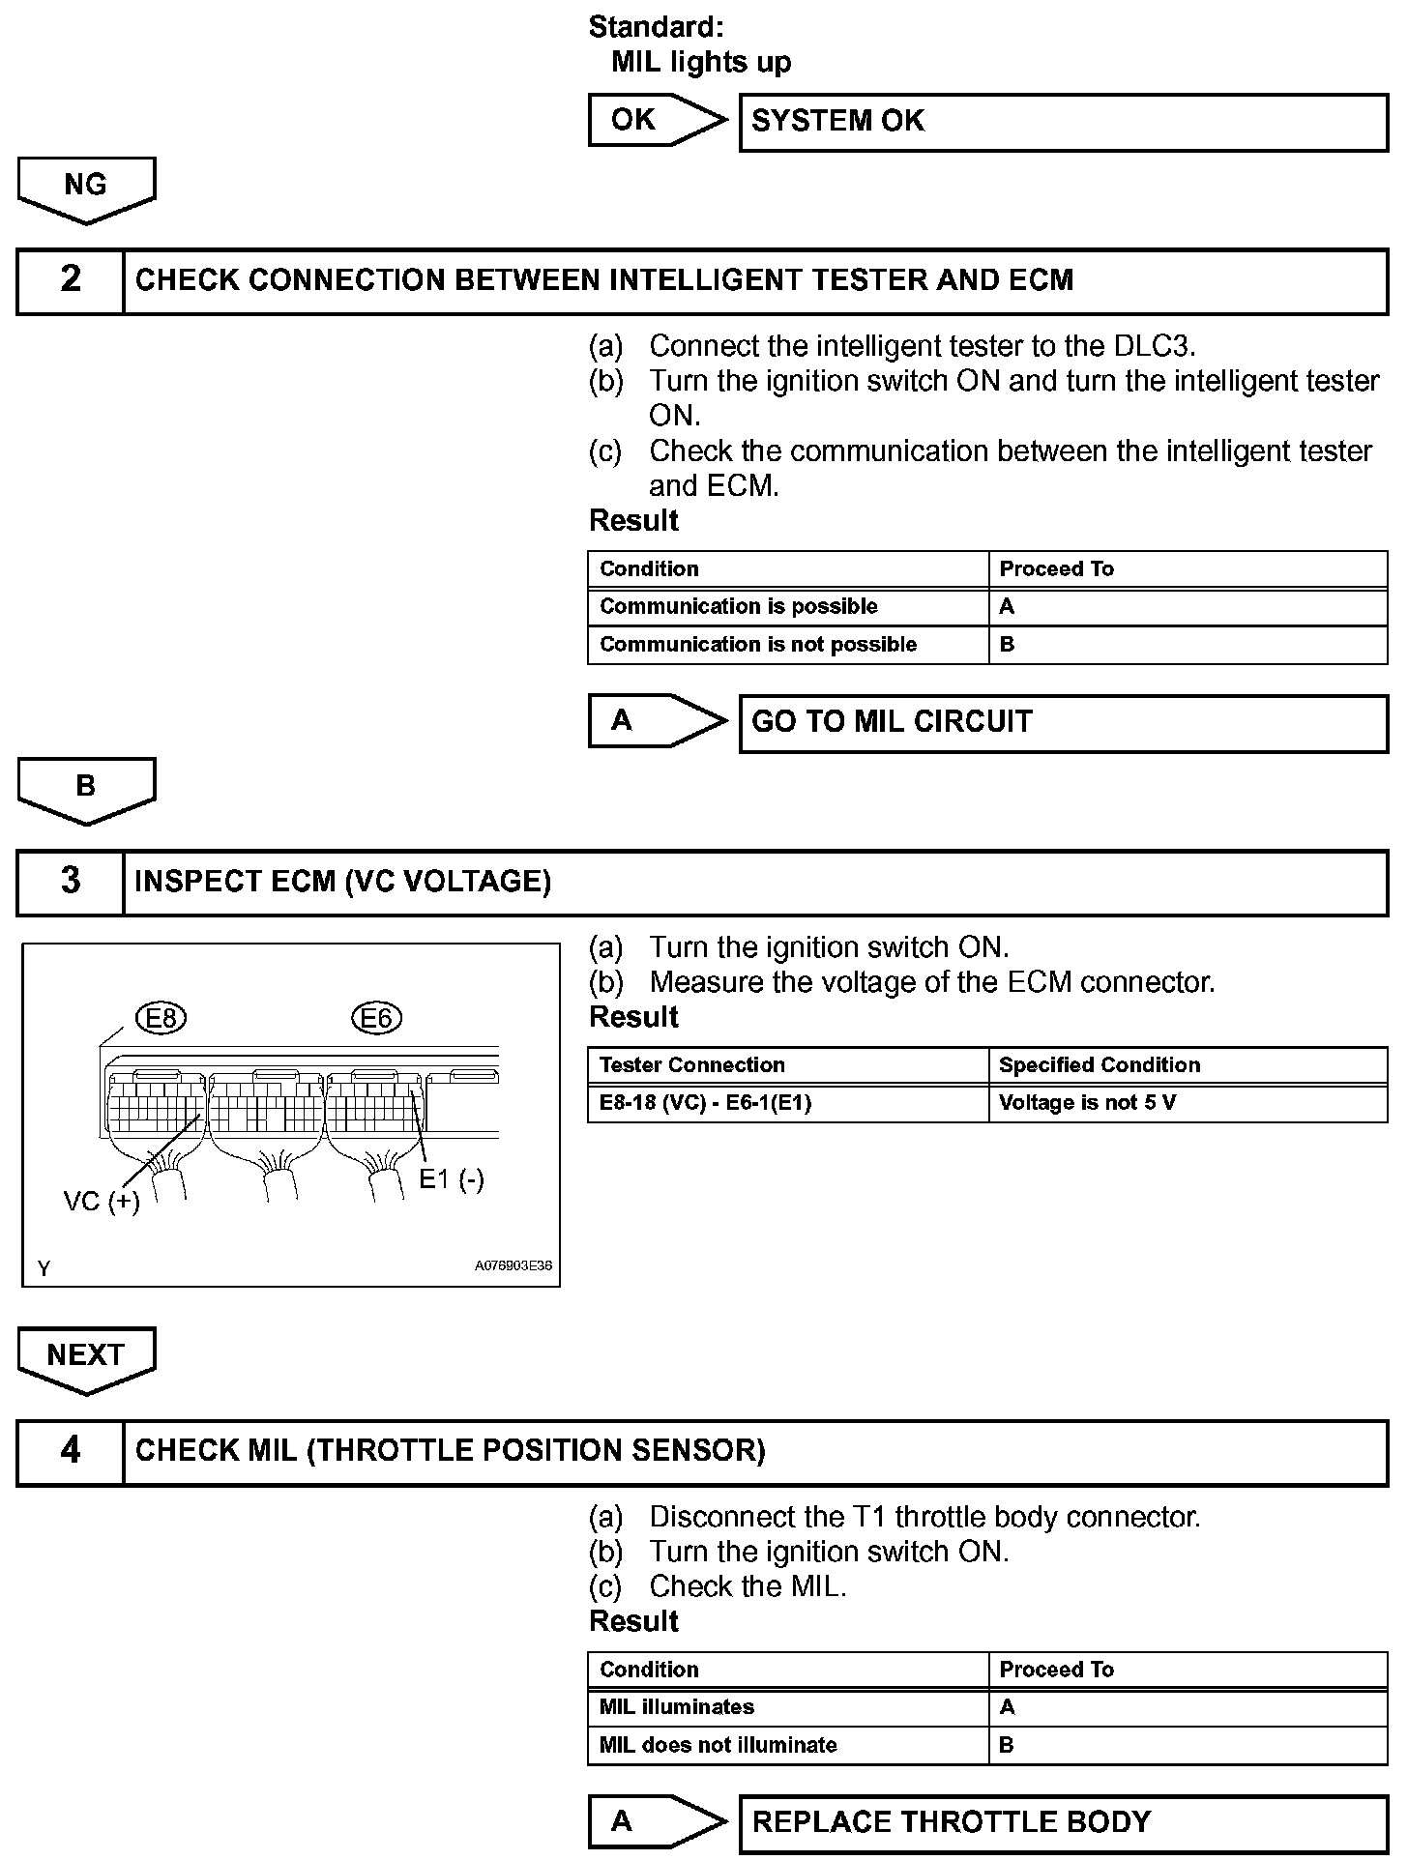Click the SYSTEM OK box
point(1063,122)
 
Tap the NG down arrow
point(86,188)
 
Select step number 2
point(71,280)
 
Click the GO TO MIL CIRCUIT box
point(1063,723)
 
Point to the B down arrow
point(86,788)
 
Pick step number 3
point(71,882)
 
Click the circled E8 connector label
point(161,1018)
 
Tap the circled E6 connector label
point(376,1018)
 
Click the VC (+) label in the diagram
point(102,1202)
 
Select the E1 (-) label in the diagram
point(452,1178)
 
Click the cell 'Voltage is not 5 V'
point(1187,1103)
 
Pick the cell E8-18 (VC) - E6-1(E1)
point(788,1103)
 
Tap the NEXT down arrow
point(86,1356)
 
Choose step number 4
point(71,1451)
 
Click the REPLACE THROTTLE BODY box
point(1063,1823)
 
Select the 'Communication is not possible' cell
point(788,645)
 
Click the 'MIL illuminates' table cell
point(788,1708)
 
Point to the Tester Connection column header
point(788,1065)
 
